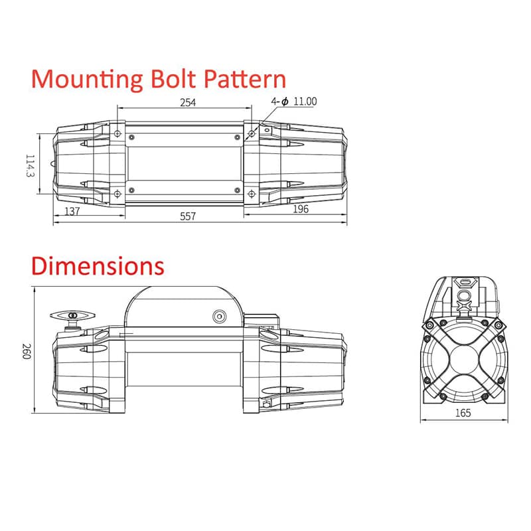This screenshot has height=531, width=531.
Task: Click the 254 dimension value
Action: point(188,102)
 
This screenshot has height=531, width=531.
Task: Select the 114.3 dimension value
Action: point(31,165)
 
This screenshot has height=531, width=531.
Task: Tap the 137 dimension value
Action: point(72,211)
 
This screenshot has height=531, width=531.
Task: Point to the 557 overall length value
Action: point(188,216)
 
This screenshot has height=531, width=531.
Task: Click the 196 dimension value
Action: point(301,209)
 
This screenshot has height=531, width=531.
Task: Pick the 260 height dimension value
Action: point(27,352)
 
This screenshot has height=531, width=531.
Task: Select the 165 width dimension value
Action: point(463,413)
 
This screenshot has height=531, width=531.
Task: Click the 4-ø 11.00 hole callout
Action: point(294,102)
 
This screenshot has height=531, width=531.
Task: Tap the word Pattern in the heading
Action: point(245,79)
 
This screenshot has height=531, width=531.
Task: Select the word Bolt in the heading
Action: point(173,79)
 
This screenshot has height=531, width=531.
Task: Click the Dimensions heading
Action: point(98,266)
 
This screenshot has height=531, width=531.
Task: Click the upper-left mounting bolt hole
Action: point(117,134)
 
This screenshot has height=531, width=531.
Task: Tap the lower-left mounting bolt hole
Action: point(117,194)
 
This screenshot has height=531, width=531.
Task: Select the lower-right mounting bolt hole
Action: point(252,194)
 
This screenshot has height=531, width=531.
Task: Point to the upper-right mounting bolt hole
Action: point(252,134)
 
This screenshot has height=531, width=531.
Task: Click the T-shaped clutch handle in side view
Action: point(72,316)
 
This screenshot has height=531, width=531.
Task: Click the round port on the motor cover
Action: point(219,317)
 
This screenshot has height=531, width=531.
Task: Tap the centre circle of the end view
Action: point(464,360)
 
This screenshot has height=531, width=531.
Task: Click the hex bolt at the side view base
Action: point(266,404)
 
